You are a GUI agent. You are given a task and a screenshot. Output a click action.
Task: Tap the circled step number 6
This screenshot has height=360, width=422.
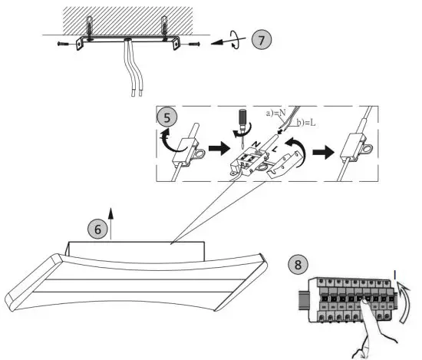tap(97, 229)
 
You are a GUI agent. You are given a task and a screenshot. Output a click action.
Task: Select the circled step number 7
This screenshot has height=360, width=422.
tap(262, 40)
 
